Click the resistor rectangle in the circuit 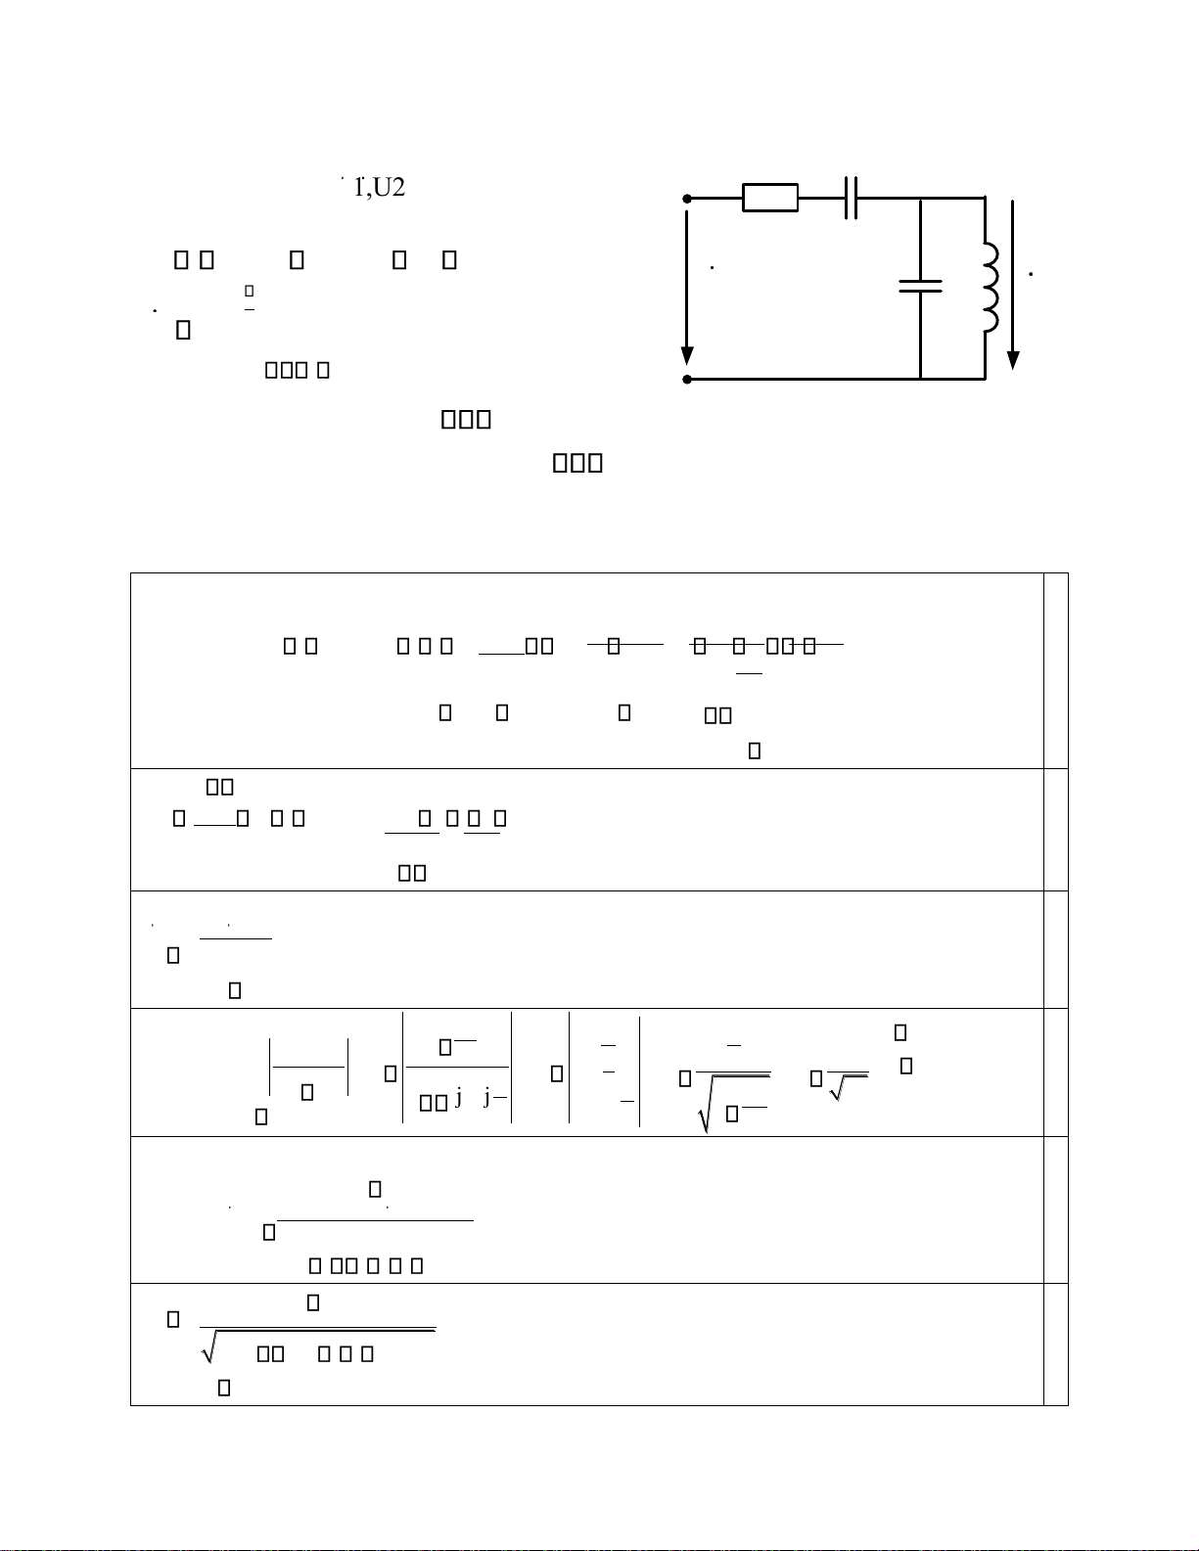[770, 198]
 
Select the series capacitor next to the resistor [851, 198]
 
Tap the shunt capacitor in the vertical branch [920, 286]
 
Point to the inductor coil [991, 286]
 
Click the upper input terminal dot [687, 199]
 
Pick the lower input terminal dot [687, 379]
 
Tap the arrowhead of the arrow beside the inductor [1013, 359]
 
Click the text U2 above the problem [390, 188]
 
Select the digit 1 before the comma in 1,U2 [358, 188]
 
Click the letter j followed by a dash [487, 1098]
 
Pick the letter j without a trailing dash [458, 1098]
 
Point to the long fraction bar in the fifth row [375, 1220]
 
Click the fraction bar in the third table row [235, 938]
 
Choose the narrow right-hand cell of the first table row [1055, 670]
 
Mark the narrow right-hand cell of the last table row [1055, 1345]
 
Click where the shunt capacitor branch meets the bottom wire [920, 379]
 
